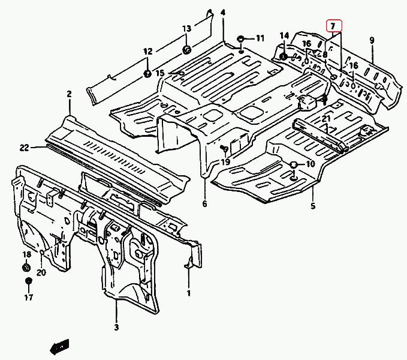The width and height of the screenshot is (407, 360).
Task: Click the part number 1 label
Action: (x=188, y=293)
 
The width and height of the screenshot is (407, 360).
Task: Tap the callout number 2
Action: (x=69, y=94)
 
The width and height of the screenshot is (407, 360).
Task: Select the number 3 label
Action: (x=116, y=327)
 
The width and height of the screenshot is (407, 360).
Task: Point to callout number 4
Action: (x=223, y=13)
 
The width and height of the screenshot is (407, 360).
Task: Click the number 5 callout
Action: (x=312, y=207)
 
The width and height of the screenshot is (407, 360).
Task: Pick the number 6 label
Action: (x=204, y=205)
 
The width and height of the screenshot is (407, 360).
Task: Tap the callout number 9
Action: (x=372, y=40)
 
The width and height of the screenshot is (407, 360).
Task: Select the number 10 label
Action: (x=310, y=164)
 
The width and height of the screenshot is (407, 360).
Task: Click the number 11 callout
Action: (x=260, y=38)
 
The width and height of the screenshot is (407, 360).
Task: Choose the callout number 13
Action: (x=186, y=28)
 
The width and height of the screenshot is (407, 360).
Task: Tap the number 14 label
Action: (x=284, y=35)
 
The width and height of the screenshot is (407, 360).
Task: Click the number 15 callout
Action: (x=160, y=73)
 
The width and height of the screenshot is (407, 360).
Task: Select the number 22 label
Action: (x=24, y=148)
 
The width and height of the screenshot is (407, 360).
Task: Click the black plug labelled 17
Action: (x=28, y=281)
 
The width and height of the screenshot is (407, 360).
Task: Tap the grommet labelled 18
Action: (x=26, y=267)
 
